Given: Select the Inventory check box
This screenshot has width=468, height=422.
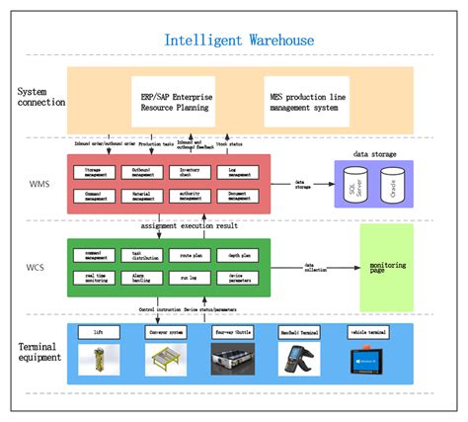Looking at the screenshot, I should pos(194,172).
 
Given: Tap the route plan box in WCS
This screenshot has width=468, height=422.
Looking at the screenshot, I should pos(194,255).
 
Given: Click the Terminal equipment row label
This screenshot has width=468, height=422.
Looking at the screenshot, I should pos(38,352).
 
